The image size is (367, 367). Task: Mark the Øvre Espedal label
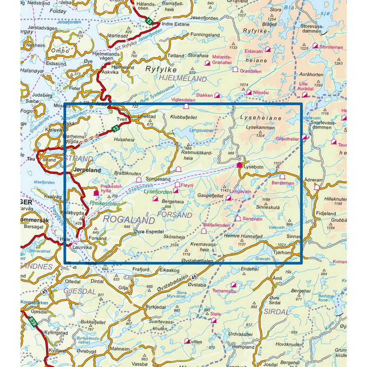click(x=149, y=232)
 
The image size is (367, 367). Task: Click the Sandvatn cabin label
click(x=252, y=219)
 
